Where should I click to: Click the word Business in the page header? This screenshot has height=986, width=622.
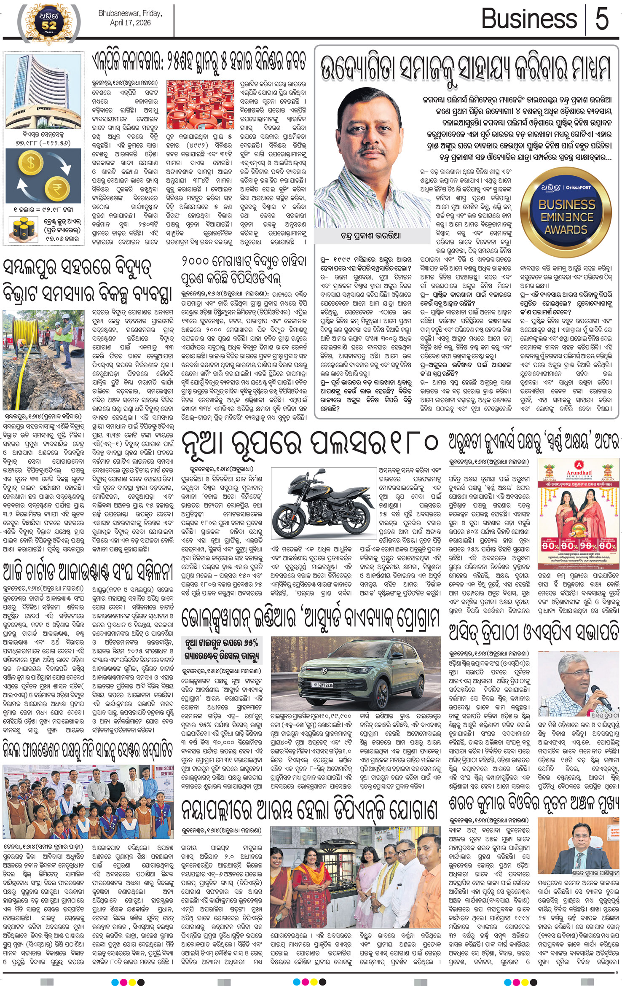pos(529,19)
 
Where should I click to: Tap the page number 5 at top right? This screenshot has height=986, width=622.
pos(602,19)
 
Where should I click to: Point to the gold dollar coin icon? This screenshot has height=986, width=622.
pos(31,164)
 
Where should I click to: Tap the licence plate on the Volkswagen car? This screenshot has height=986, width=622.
pos(322,685)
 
